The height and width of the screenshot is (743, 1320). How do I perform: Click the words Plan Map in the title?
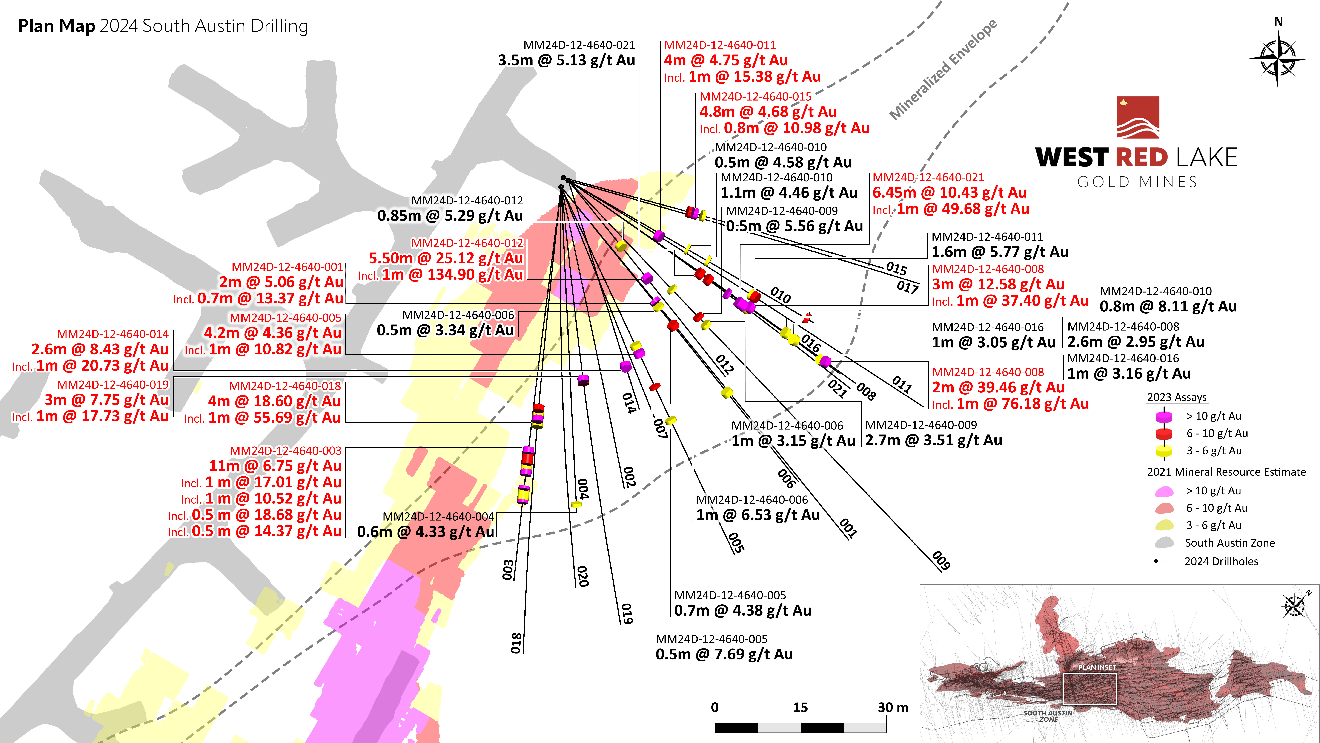(56, 26)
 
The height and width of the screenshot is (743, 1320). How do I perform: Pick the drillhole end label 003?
(508, 570)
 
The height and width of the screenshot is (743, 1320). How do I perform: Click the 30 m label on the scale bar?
(893, 708)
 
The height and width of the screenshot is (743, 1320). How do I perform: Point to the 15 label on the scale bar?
(800, 708)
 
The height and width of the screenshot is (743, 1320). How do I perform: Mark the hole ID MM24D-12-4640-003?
(285, 451)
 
